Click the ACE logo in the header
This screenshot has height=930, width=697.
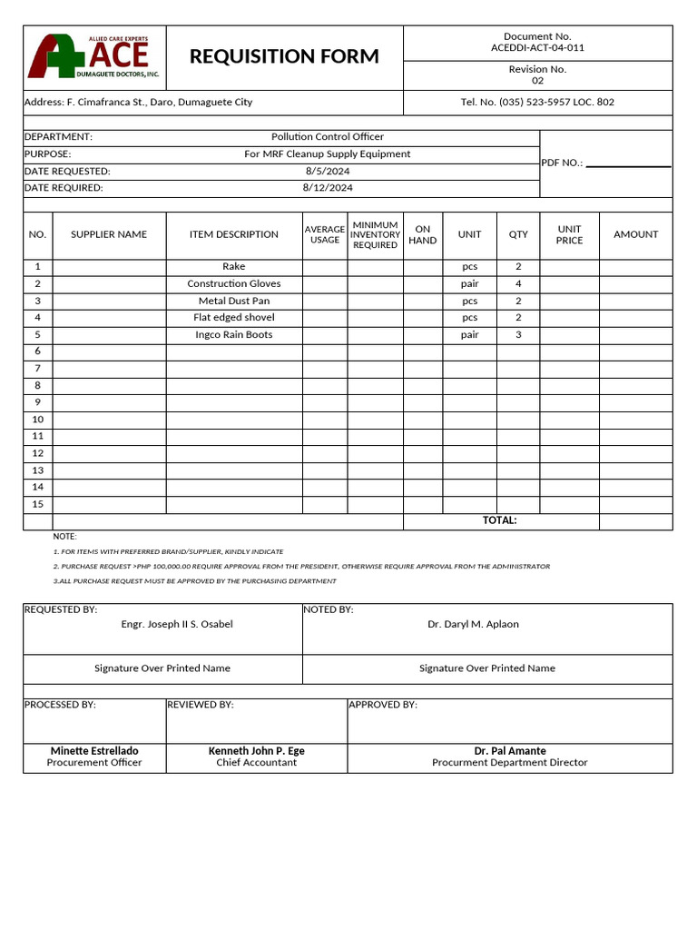pyautogui.click(x=94, y=56)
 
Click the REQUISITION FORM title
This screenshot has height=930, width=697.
pyautogui.click(x=284, y=56)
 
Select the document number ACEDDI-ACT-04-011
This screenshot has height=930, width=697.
pyautogui.click(x=537, y=47)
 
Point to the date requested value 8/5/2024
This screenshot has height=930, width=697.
pyautogui.click(x=328, y=171)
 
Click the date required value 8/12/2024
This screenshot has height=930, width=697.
pyautogui.click(x=328, y=188)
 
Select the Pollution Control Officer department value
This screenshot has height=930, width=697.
pyautogui.click(x=328, y=137)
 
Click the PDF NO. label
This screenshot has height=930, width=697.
pyautogui.click(x=562, y=163)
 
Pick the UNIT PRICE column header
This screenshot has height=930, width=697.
pyautogui.click(x=569, y=234)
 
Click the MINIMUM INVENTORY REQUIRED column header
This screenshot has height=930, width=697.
pyautogui.click(x=375, y=234)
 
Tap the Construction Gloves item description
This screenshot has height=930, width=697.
pyautogui.click(x=234, y=283)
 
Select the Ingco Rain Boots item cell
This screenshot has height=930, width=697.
pyautogui.click(x=234, y=334)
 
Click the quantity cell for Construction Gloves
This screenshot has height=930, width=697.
pyautogui.click(x=518, y=283)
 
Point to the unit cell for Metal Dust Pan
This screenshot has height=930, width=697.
pyautogui.click(x=469, y=301)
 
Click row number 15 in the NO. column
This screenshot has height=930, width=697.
pyautogui.click(x=37, y=504)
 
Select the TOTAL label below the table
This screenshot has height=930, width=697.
pyautogui.click(x=499, y=520)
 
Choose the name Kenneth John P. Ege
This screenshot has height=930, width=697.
pyautogui.click(x=257, y=751)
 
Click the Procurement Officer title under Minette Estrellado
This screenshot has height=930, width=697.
pyautogui.click(x=94, y=763)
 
